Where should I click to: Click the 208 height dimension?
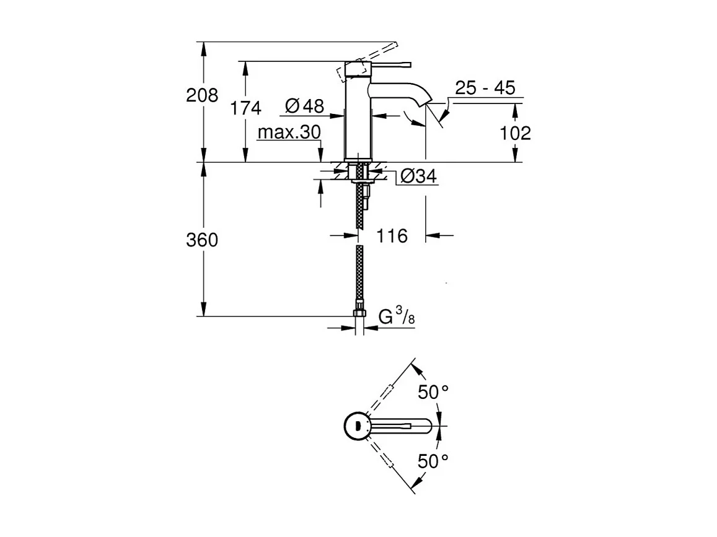click(203, 95)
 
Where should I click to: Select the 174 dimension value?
click(246, 108)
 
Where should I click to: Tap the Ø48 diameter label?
click(304, 107)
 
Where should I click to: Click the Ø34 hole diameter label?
click(418, 177)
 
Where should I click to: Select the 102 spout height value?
click(515, 133)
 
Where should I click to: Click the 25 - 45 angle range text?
click(485, 88)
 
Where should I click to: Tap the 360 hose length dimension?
click(203, 240)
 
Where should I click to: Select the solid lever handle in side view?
click(390, 63)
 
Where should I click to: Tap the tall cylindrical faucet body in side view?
click(358, 118)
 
